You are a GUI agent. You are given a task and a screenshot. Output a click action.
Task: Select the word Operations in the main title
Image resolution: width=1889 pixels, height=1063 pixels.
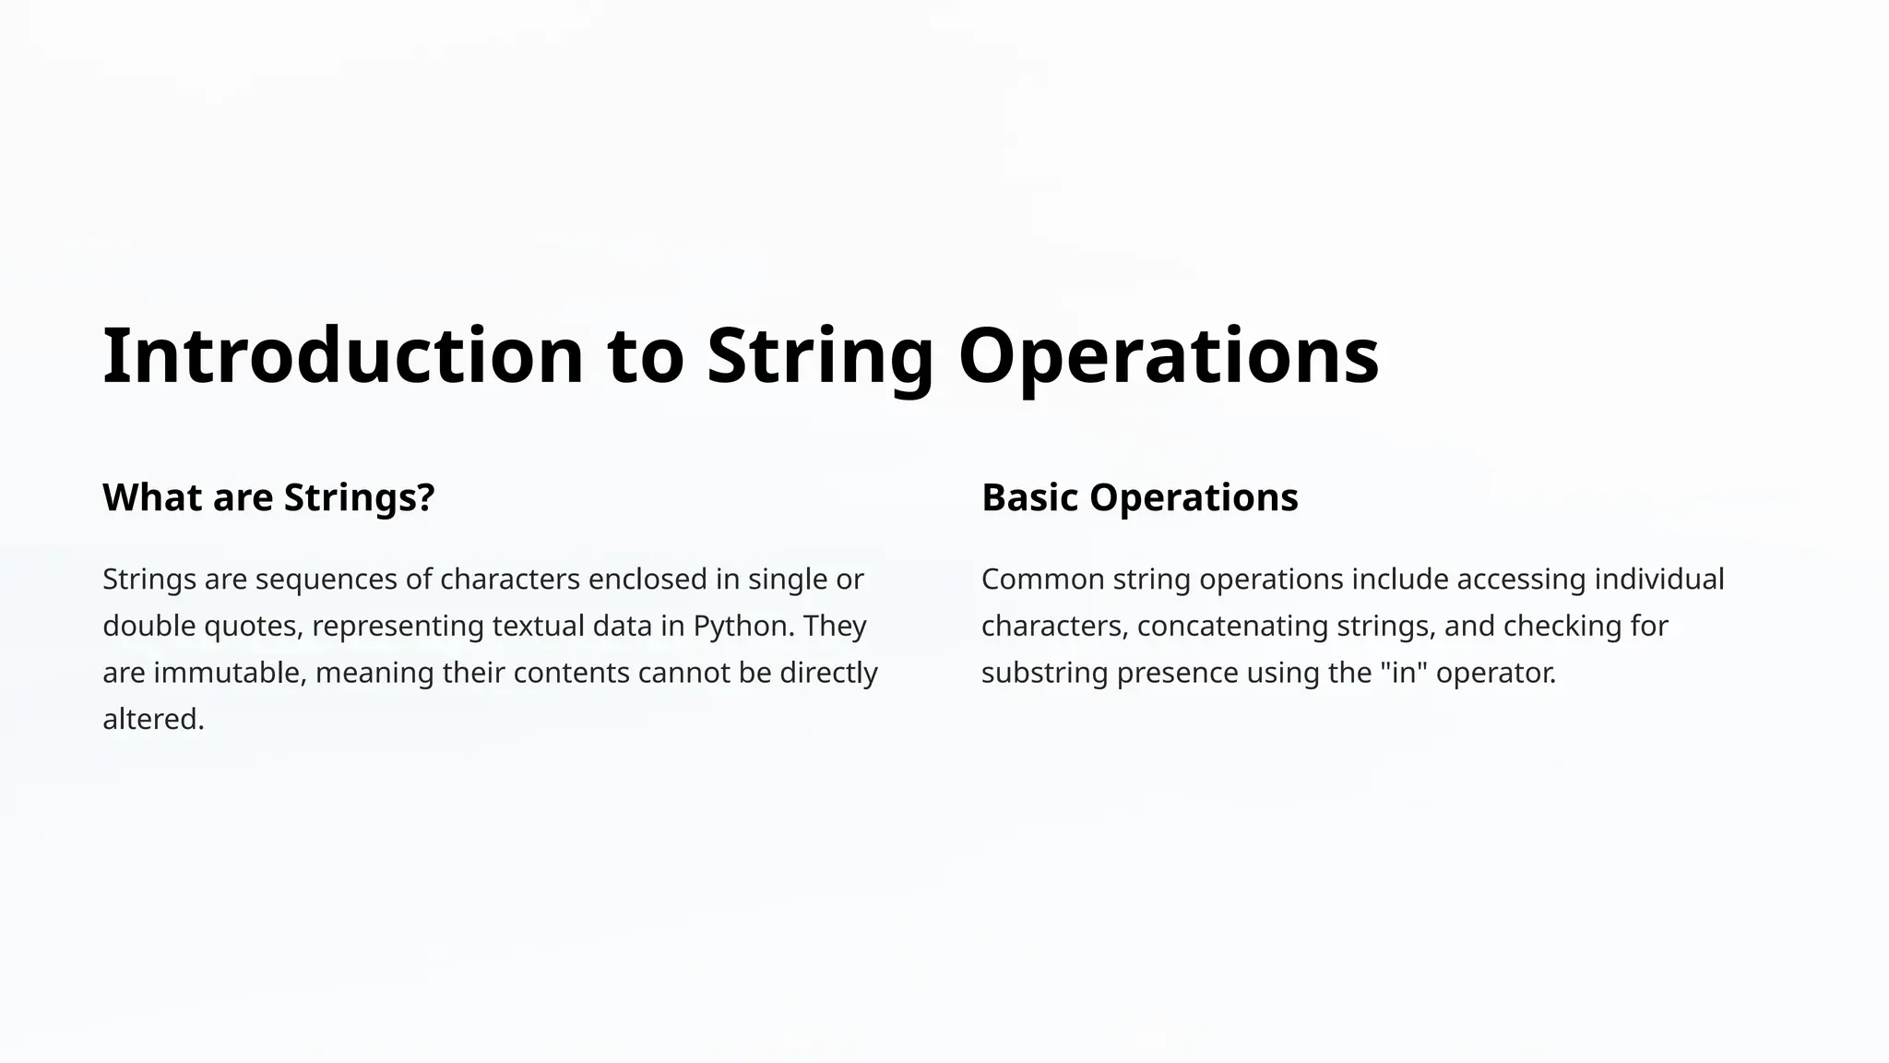[1169, 356]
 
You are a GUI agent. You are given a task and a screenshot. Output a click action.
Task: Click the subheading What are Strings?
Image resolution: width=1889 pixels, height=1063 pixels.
[268, 497]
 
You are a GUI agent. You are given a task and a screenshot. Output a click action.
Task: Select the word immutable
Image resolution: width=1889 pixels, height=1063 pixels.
[230, 673]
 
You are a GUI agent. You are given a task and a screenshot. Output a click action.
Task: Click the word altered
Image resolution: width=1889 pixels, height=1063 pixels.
[153, 719]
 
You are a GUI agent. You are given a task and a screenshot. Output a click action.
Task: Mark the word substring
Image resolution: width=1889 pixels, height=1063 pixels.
[1045, 673]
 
